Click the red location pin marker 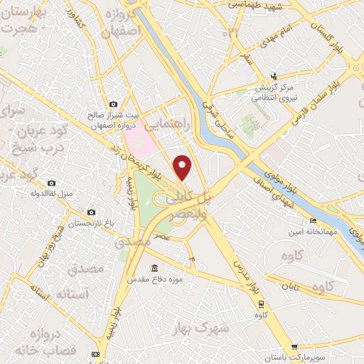(x=183, y=168)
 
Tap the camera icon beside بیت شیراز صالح (x=112, y=105)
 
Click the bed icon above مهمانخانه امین (x=313, y=221)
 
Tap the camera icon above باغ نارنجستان (x=90, y=213)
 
